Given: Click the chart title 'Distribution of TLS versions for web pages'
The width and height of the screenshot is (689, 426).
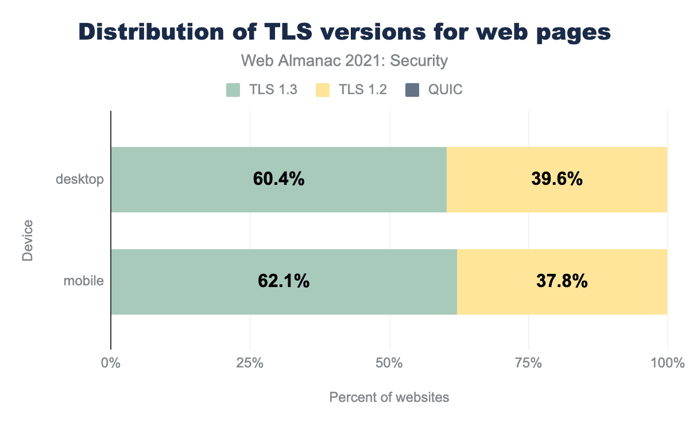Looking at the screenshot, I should click(x=344, y=32).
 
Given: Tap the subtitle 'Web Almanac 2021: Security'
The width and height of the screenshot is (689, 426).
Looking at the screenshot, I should click(x=344, y=60).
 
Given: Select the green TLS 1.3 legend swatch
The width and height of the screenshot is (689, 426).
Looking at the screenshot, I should click(x=233, y=90).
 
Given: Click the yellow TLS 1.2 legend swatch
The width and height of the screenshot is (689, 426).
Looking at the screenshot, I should click(x=323, y=90).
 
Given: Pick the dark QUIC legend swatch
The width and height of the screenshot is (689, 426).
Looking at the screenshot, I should click(x=412, y=90).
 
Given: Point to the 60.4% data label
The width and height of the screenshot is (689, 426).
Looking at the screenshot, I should click(x=278, y=179).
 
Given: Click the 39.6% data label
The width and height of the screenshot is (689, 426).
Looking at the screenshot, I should click(x=557, y=179).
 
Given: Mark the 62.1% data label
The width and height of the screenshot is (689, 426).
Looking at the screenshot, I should click(x=284, y=281).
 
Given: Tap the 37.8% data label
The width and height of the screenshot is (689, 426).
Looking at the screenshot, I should click(x=562, y=281).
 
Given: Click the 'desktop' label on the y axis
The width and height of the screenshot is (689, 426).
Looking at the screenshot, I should click(x=80, y=180).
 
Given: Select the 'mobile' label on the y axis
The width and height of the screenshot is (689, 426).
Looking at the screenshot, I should click(x=84, y=281).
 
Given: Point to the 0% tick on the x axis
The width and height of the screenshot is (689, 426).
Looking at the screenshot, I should click(x=110, y=363).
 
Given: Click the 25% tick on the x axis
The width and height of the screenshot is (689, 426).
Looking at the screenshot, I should click(x=250, y=363).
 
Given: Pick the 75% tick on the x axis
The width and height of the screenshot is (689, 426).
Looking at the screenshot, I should click(x=528, y=363).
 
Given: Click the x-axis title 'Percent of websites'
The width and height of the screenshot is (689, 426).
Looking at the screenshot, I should click(x=389, y=397).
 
